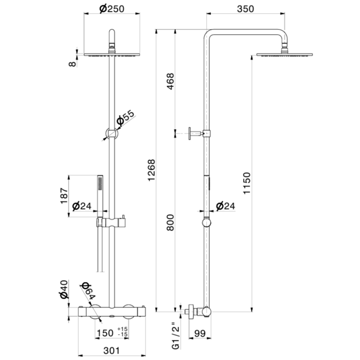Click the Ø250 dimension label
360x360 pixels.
112,9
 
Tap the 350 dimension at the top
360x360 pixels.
246,9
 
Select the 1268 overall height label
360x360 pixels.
151,170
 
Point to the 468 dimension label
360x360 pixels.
170,81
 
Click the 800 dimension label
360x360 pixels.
170,223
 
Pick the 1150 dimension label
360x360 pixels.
247,183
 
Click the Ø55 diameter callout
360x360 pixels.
125,118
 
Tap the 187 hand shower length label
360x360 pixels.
64,195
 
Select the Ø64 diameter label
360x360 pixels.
88,291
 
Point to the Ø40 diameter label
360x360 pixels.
64,289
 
